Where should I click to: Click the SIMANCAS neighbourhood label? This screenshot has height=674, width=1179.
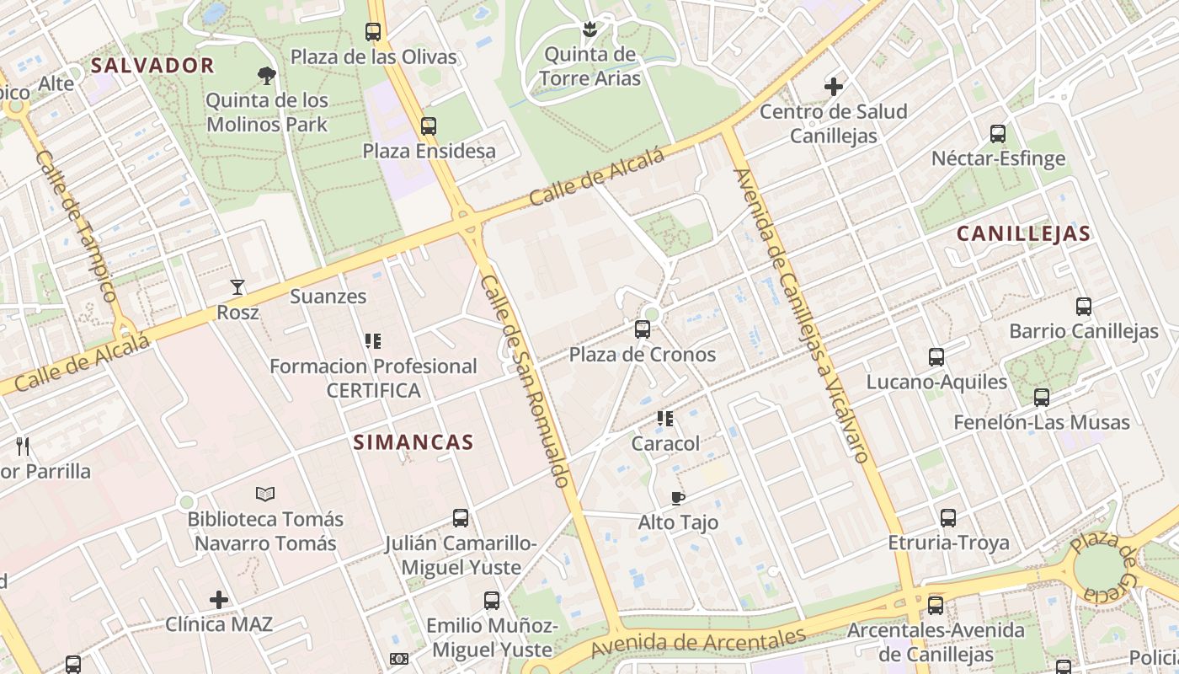tap(413, 442)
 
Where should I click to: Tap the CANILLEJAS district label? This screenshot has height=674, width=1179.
tap(1023, 234)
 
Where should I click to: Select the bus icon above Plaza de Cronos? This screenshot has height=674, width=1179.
tap(643, 329)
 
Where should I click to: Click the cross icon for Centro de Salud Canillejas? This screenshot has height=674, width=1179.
tap(834, 87)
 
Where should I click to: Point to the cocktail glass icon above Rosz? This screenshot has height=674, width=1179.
tap(237, 287)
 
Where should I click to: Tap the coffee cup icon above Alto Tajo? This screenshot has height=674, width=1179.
tap(678, 498)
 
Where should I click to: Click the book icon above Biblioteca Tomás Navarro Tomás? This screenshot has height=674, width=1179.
tap(265, 494)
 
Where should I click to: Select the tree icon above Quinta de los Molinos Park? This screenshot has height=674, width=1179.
tap(267, 76)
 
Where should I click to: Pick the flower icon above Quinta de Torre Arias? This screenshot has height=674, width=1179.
tap(589, 30)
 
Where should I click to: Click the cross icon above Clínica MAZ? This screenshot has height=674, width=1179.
tap(219, 600)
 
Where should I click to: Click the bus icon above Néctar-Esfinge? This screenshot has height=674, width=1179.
tap(998, 134)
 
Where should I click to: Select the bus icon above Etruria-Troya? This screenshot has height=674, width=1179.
tap(948, 518)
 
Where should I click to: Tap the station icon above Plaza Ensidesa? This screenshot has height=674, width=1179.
tap(429, 126)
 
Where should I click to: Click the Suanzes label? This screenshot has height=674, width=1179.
tap(328, 297)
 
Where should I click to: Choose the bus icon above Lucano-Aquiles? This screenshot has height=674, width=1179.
tap(936, 357)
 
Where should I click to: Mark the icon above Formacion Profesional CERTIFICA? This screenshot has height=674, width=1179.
tap(372, 341)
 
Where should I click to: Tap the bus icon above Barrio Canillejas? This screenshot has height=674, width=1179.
tap(1084, 307)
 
